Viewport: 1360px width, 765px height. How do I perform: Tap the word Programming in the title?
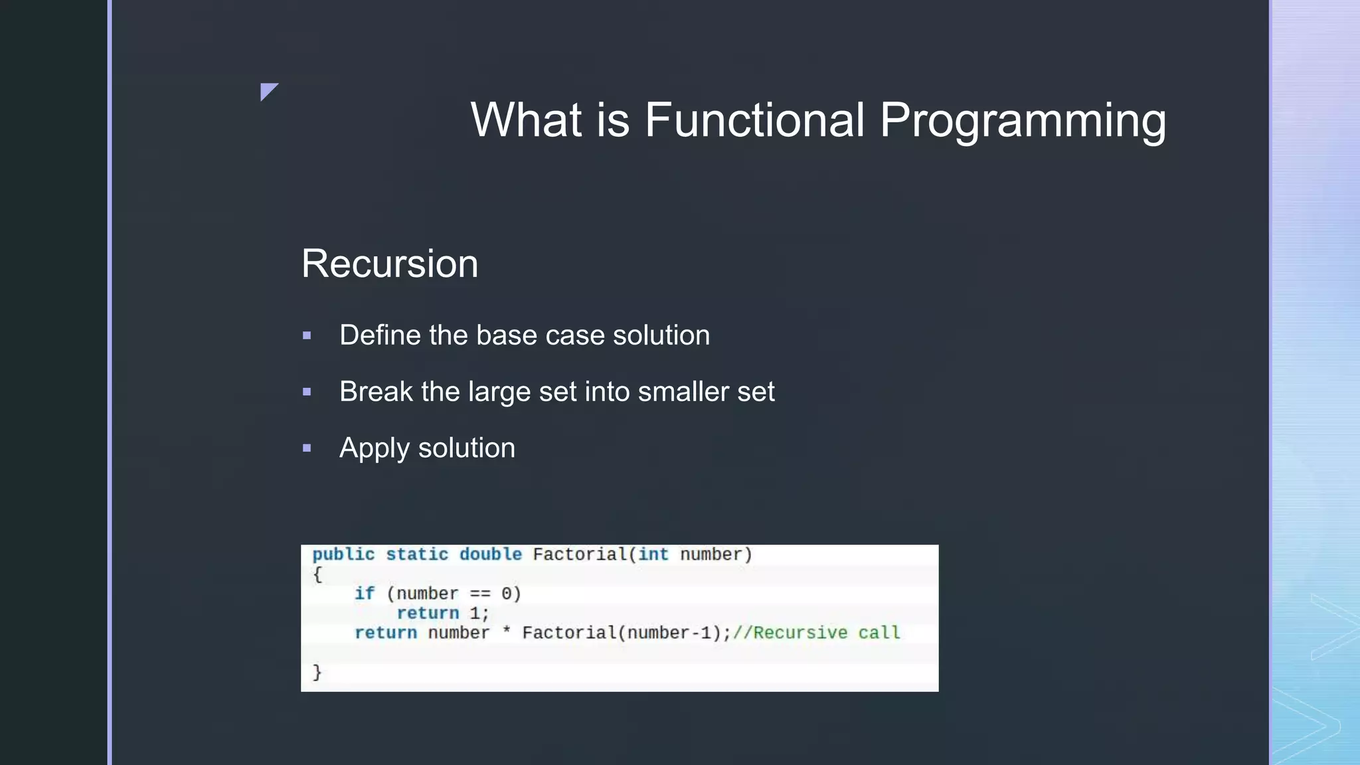(x=1023, y=120)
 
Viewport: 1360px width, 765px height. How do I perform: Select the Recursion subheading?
(x=390, y=264)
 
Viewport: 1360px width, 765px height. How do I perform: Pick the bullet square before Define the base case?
(x=307, y=336)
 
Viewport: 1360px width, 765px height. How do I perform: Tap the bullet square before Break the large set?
(x=307, y=392)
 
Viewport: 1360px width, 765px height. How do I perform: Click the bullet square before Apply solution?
(x=307, y=449)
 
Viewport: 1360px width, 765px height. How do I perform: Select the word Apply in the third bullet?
(x=374, y=449)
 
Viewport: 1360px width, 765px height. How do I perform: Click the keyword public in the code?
(x=343, y=554)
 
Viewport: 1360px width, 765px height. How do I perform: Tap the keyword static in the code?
(x=417, y=554)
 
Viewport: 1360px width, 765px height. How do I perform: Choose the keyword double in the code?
(x=490, y=554)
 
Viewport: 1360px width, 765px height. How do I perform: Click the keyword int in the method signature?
(x=653, y=554)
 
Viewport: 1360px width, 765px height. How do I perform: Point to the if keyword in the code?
(x=364, y=594)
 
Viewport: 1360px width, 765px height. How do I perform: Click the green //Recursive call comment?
(x=816, y=633)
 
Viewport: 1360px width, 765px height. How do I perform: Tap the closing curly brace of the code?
(x=317, y=672)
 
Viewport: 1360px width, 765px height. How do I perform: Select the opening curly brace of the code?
(x=317, y=574)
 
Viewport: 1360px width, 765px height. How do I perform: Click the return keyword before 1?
(x=428, y=613)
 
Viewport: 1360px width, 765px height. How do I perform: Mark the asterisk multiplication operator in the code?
(x=506, y=632)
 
